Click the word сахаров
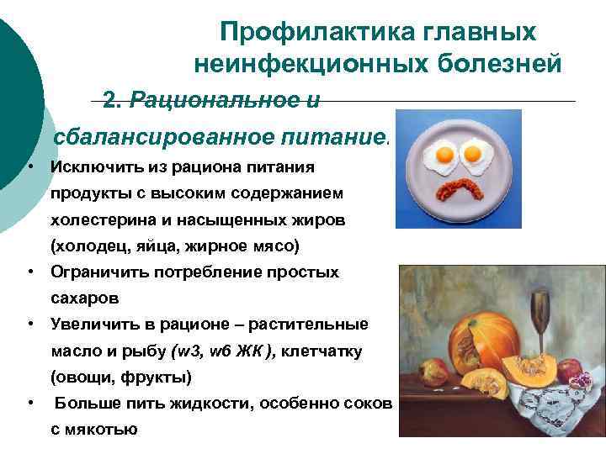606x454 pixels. (84, 298)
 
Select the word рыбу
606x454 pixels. (147, 351)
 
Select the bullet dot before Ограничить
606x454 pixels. (29, 272)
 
